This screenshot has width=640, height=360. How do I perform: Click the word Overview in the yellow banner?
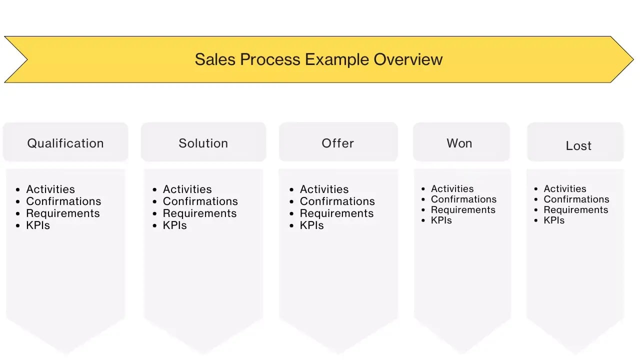point(408,59)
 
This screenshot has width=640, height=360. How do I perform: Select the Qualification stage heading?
point(65,143)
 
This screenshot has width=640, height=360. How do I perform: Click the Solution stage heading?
point(203,143)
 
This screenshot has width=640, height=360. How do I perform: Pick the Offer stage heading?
point(338,143)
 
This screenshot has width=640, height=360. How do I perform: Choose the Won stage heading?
point(459,143)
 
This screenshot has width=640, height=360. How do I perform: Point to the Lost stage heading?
point(578,146)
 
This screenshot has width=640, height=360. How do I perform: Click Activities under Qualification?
point(50,189)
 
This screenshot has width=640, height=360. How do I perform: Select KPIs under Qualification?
point(38,225)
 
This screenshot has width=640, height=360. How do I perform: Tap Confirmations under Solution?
point(200,201)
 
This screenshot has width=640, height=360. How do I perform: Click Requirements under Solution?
point(200,213)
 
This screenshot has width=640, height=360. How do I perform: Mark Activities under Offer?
point(324,189)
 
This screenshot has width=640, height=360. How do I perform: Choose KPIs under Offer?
point(312,225)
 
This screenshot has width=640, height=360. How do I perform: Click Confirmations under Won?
point(464,199)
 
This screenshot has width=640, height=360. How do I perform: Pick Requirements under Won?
point(463,210)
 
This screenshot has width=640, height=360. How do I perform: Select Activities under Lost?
point(565,189)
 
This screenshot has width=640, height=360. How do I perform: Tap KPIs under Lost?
point(554,220)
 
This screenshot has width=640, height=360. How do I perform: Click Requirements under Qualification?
point(63,213)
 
